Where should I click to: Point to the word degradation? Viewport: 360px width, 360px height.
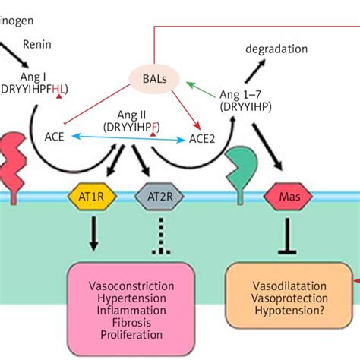(x=276, y=49)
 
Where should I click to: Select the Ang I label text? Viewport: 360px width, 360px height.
(x=36, y=75)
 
